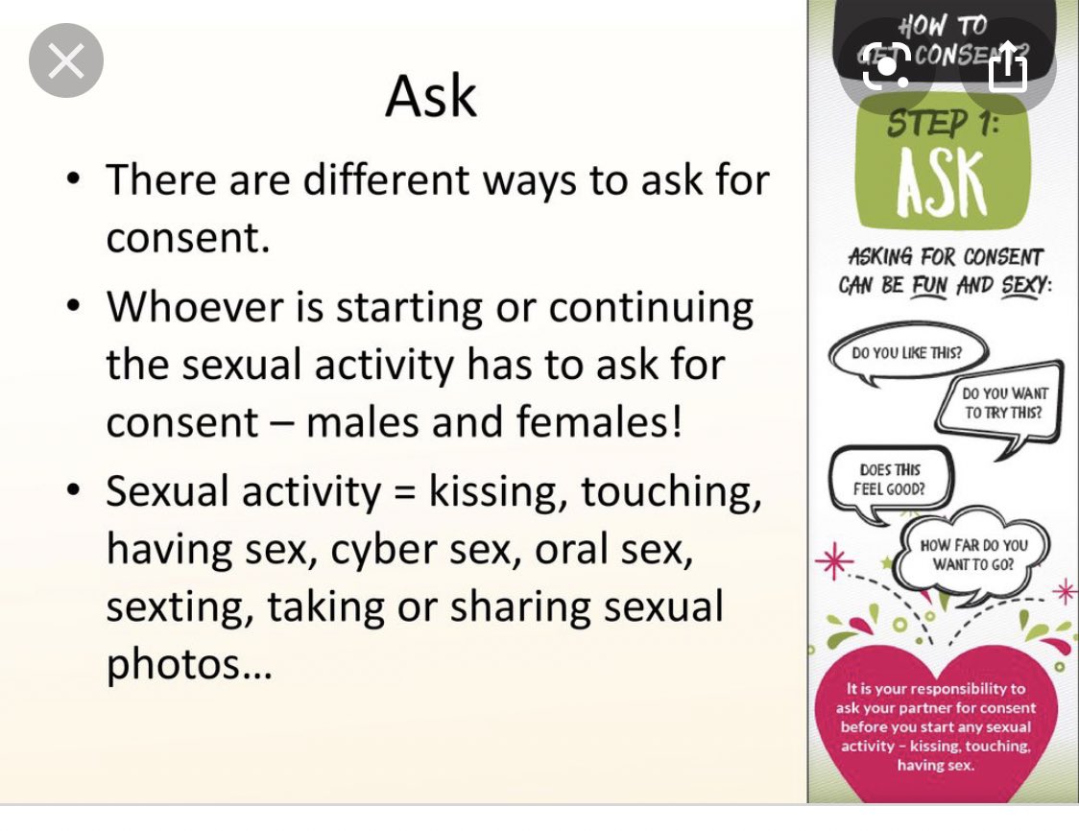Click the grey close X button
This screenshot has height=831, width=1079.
pyautogui.click(x=66, y=61)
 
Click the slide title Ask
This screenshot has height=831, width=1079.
pyautogui.click(x=431, y=96)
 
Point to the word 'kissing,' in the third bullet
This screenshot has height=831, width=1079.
pyautogui.click(x=498, y=491)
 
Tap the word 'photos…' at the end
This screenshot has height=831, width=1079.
pyautogui.click(x=189, y=665)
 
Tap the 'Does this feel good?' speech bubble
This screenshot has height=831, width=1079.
pyautogui.click(x=890, y=479)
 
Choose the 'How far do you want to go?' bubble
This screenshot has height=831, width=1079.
pyautogui.click(x=972, y=554)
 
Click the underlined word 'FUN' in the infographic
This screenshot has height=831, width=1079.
pyautogui.click(x=925, y=285)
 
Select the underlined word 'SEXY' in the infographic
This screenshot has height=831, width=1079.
pyautogui.click(x=1019, y=285)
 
